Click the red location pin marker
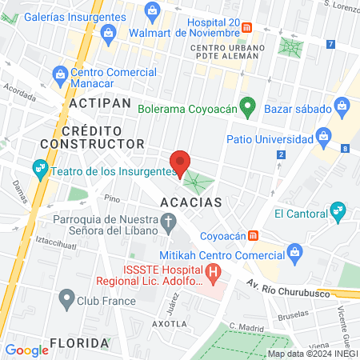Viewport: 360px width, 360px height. (x=181, y=162)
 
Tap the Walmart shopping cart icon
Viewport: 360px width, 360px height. (x=152, y=10)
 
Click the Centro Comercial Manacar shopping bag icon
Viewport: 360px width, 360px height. (x=59, y=74)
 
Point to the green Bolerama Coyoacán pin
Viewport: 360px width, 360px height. (x=248, y=106)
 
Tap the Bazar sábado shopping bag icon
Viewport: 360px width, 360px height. (x=342, y=105)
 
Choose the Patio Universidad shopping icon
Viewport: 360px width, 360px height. (x=324, y=134)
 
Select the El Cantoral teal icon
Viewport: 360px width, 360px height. (x=338, y=212)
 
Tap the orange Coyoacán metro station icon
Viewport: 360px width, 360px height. (x=254, y=235)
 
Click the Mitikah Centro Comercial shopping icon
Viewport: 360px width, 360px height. (x=294, y=254)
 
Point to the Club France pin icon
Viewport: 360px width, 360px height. (x=66, y=301)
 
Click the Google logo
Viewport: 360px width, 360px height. (x=26, y=350)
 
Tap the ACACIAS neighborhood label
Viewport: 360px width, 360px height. (x=190, y=203)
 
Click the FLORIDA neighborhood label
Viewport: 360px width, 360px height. (x=78, y=343)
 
